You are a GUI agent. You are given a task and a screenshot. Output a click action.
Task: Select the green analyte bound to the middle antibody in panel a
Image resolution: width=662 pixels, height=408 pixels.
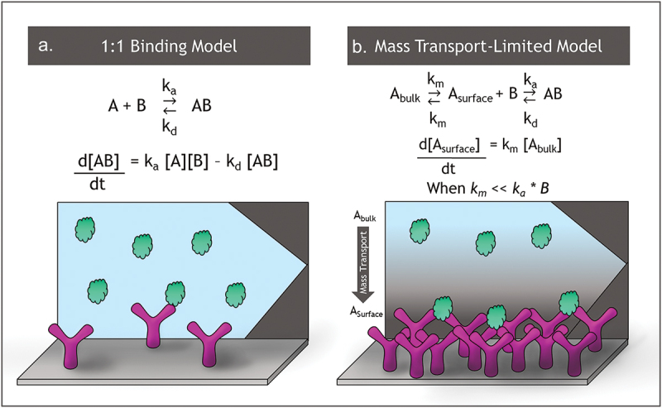175,293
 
